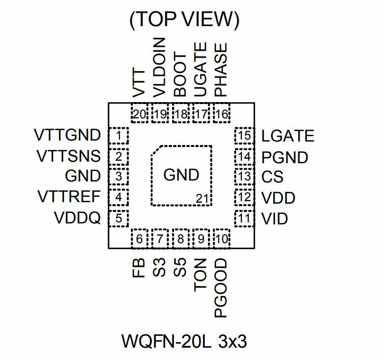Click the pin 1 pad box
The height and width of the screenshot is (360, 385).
[118, 135]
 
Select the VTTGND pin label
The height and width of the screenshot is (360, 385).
[68, 135]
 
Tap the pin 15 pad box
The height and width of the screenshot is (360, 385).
[243, 135]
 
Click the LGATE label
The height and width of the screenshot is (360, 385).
[288, 135]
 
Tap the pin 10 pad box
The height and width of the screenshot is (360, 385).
[222, 239]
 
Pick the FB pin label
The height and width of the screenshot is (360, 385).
[140, 267]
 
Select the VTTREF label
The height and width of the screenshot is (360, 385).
[69, 197]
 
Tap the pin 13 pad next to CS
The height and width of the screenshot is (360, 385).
[243, 176]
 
